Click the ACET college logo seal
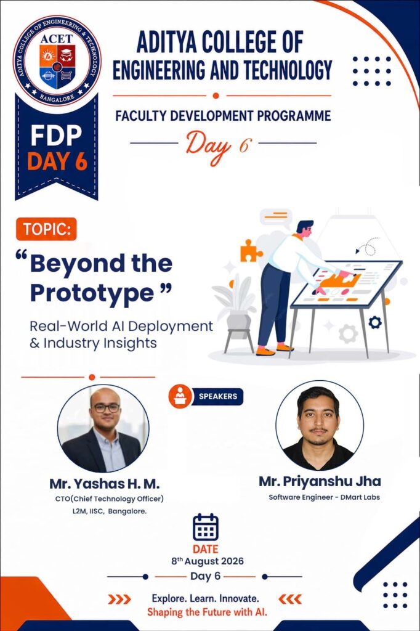coord(57,61)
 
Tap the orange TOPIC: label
coord(46,229)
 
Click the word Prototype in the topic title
coord(92,293)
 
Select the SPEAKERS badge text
coord(217,396)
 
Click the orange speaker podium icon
coord(180,396)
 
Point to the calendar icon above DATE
coord(206,527)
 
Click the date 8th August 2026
coord(208,561)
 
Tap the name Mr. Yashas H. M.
coord(105,483)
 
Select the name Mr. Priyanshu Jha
coord(320,481)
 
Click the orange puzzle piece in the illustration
coord(250,251)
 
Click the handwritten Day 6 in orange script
coord(219,147)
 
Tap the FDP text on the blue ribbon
coord(56,136)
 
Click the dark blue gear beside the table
coord(375,322)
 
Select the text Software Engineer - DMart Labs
coord(325,497)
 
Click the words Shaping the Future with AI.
coord(207,612)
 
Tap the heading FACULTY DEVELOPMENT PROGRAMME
coord(224,116)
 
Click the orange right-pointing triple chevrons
coord(119,599)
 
